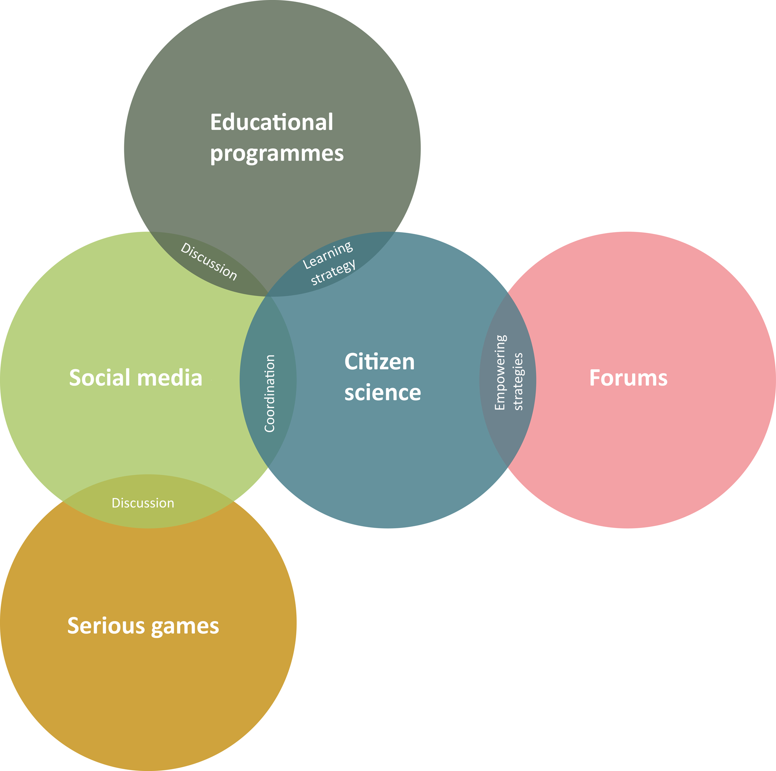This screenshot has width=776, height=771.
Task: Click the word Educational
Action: coord(271,122)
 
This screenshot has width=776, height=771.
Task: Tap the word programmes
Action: coord(277,154)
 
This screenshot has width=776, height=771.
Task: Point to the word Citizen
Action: coord(379,362)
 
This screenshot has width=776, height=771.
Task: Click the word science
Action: coord(383,393)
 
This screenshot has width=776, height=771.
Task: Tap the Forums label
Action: coord(628,378)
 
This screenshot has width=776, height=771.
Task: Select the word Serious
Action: coord(106,626)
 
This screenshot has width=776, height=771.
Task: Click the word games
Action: coord(185,626)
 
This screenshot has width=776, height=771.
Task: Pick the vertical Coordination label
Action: coord(270,393)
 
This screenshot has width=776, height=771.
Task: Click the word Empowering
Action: coord(500,372)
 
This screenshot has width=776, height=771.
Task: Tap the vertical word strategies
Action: coord(518,381)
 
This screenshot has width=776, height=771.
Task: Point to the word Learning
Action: coord(328,255)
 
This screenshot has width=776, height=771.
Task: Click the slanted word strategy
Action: coord(333,272)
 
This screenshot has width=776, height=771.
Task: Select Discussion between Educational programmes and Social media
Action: coord(208,261)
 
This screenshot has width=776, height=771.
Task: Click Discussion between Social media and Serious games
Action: coord(143,503)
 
